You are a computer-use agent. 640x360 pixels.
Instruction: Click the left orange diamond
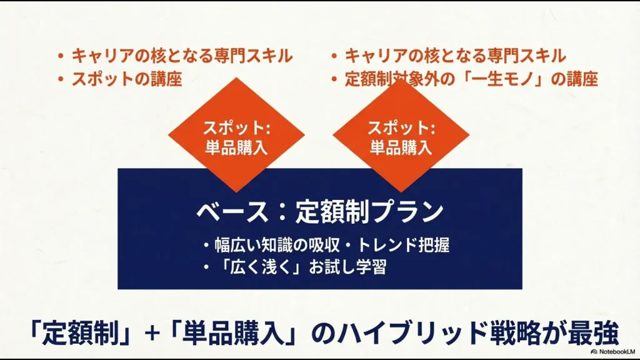[236, 135]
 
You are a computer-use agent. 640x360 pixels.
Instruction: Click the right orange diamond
[401, 135]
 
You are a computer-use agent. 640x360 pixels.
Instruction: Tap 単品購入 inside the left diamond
[236, 147]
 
